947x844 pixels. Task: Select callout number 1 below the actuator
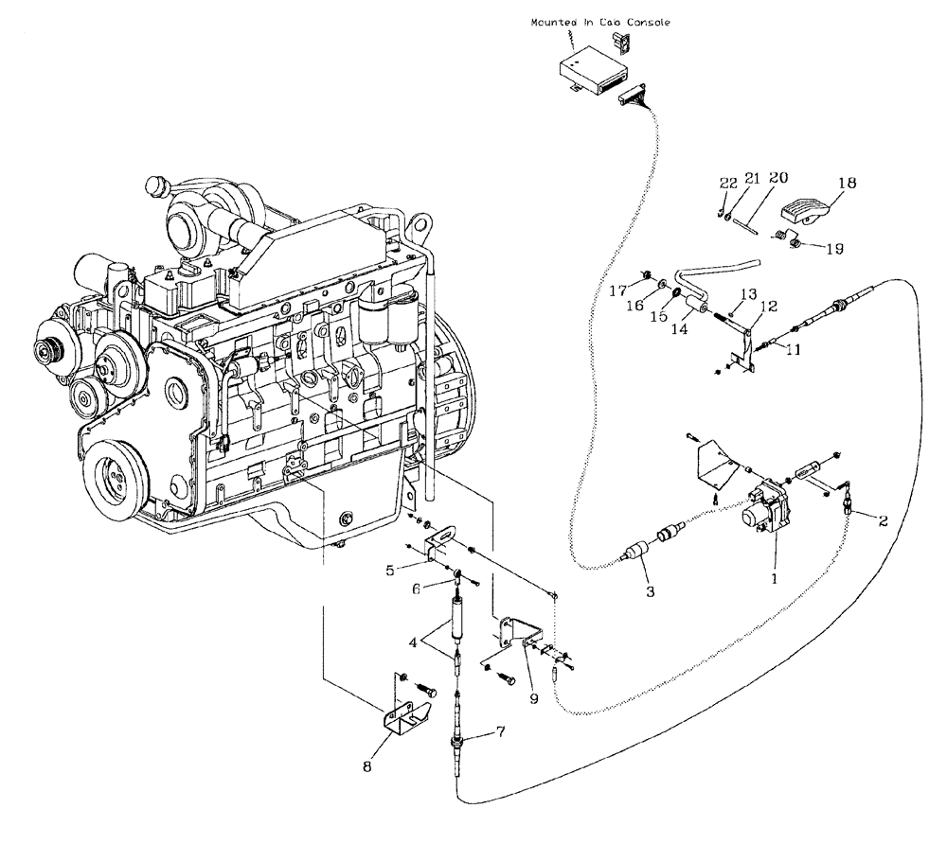[x=774, y=575]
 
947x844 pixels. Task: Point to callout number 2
[x=884, y=519]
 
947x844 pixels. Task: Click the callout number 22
[x=726, y=183]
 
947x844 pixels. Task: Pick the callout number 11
[x=792, y=350]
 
